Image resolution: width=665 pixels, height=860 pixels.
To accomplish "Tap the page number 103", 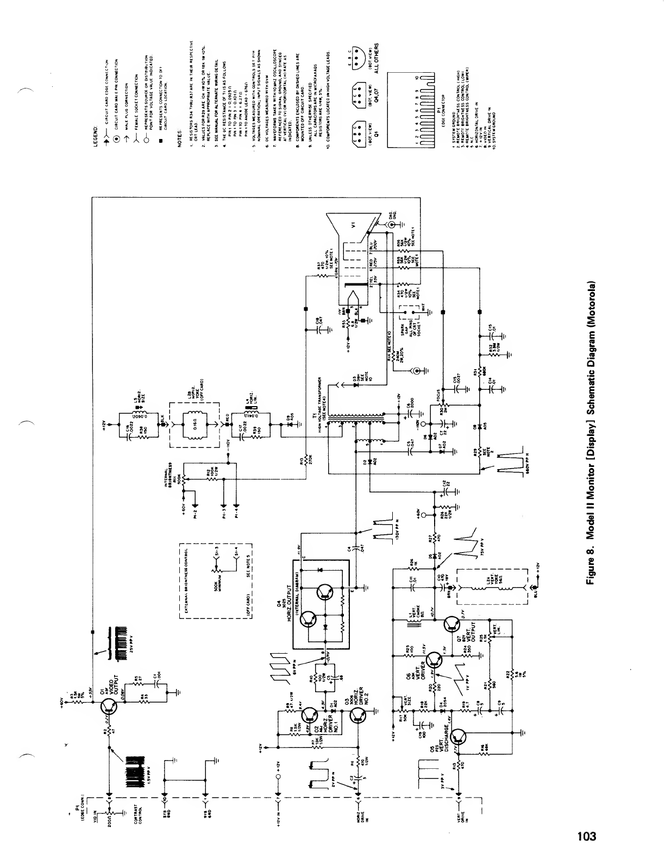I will click(586, 836).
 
